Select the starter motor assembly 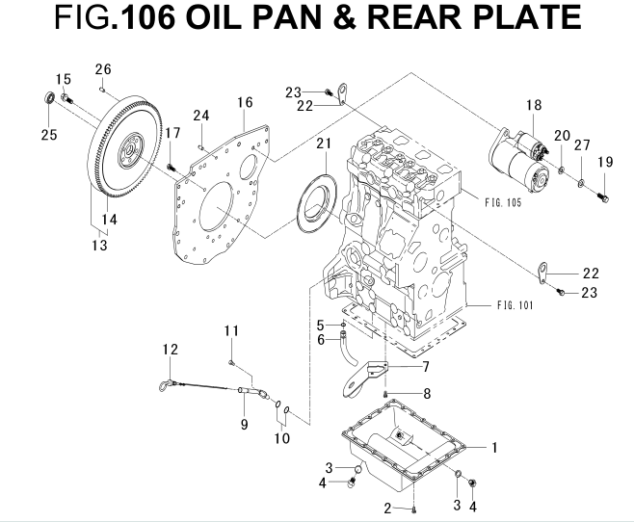click(521, 158)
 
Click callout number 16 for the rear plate click(245, 102)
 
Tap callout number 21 click(323, 144)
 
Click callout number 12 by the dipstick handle click(171, 350)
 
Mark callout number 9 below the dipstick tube click(244, 424)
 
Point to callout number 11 click(231, 331)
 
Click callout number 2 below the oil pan click(387, 507)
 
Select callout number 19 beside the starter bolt click(604, 164)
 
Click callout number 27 click(582, 145)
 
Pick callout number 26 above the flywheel click(103, 68)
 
